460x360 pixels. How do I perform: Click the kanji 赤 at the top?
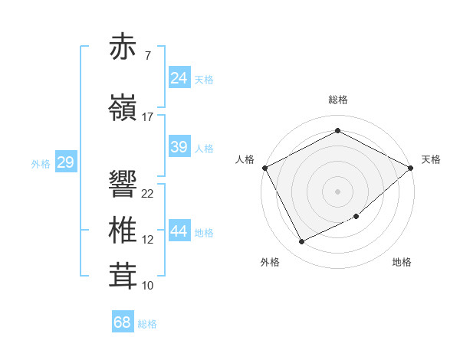pyautogui.click(x=123, y=47)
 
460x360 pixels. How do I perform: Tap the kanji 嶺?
pyautogui.click(x=123, y=108)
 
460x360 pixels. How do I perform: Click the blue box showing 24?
pyautogui.click(x=179, y=77)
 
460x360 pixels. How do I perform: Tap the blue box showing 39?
pyautogui.click(x=179, y=147)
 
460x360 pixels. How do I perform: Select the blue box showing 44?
pyautogui.click(x=179, y=231)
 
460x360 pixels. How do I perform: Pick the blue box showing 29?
pyautogui.click(x=65, y=162)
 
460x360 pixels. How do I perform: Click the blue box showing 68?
pyautogui.click(x=122, y=322)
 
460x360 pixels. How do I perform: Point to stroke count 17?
pyautogui.click(x=148, y=117)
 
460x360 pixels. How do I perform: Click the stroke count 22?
pyautogui.click(x=148, y=193)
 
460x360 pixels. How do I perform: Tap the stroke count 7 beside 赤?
pyautogui.click(x=147, y=56)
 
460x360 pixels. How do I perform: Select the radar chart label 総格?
pyautogui.click(x=337, y=100)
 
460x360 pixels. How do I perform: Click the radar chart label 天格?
pyautogui.click(x=431, y=159)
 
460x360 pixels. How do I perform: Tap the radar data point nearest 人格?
pyautogui.click(x=264, y=168)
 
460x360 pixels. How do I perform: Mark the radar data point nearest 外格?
pyautogui.click(x=301, y=242)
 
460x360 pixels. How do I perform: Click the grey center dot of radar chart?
pyautogui.click(x=337, y=191)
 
